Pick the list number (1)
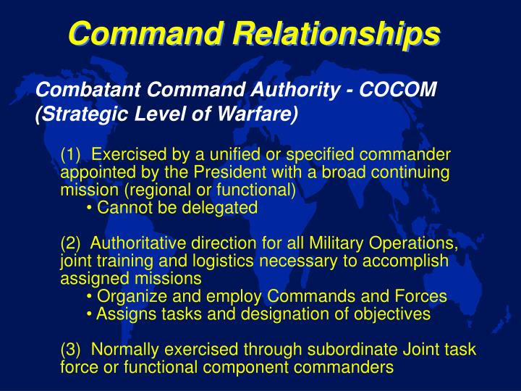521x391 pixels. click(x=72, y=155)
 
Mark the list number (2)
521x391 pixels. click(x=72, y=243)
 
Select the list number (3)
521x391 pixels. click(x=72, y=349)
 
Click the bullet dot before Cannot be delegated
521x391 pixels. click(x=89, y=209)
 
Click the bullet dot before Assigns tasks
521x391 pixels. click(x=89, y=314)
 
